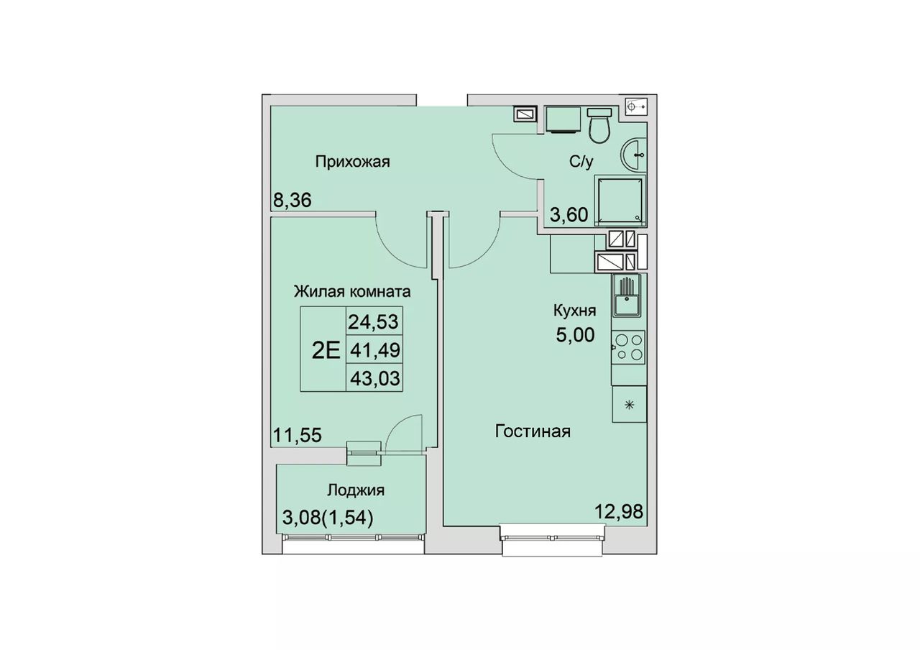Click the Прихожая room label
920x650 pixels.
point(352,162)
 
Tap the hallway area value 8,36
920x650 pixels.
point(293,201)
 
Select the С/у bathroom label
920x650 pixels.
point(581,162)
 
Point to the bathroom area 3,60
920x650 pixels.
point(569,215)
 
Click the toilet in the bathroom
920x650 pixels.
point(599,125)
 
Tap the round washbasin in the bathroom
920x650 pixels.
point(633,155)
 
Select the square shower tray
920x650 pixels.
point(620,201)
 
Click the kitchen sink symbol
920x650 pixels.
point(627,296)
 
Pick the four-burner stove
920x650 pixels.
point(628,347)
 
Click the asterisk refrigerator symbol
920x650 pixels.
point(629,405)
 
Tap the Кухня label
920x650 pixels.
point(574,311)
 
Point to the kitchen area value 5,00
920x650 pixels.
point(575,335)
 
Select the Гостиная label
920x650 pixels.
point(533,432)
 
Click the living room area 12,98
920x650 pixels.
point(619,512)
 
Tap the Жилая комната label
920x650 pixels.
point(352,292)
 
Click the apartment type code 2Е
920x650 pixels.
point(326,350)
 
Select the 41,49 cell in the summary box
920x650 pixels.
point(375,350)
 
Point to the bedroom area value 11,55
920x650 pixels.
point(298,436)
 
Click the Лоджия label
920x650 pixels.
point(356,490)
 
